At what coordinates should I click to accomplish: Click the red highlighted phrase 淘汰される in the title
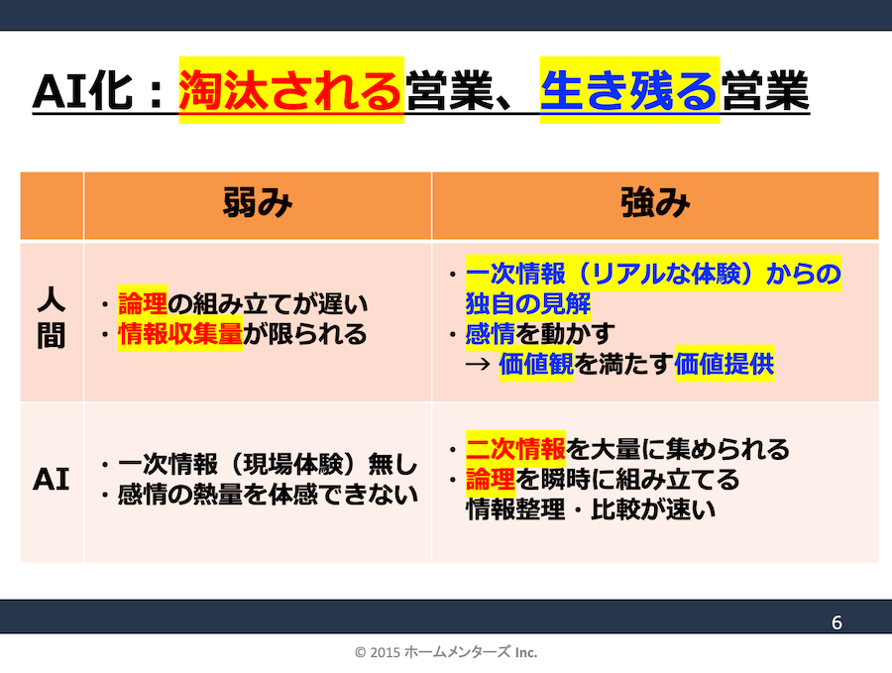[290, 91]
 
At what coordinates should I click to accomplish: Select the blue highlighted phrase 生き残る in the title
[629, 91]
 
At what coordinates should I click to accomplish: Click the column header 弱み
[257, 205]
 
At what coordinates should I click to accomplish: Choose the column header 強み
[654, 205]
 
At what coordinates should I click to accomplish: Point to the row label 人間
[51, 320]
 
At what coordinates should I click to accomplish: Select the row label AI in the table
[51, 481]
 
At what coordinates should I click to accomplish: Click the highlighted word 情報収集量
[179, 334]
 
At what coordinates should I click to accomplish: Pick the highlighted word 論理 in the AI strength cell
[490, 481]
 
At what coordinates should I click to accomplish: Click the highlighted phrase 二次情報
[515, 449]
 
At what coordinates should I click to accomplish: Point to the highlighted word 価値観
[536, 364]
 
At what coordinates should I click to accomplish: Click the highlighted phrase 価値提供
[724, 364]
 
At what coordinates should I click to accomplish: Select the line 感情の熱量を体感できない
[268, 495]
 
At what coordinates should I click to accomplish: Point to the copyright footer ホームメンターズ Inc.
[446, 652]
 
